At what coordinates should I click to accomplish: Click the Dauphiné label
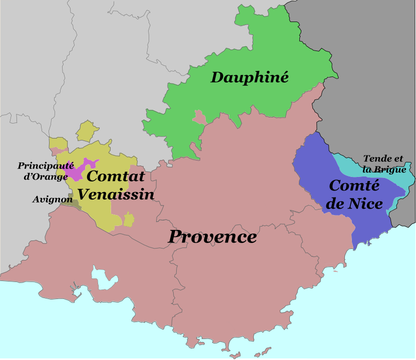point(249,77)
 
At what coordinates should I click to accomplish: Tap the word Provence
point(212,236)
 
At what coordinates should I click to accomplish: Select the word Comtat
point(115,176)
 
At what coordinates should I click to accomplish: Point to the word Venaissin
point(116,193)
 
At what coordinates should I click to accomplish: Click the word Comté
point(354,186)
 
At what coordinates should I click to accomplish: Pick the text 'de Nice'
point(357,203)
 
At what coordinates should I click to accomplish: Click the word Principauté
point(46,165)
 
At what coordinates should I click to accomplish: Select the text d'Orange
point(46,176)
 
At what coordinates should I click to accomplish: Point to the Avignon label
point(53,199)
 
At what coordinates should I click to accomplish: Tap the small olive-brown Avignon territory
point(72,202)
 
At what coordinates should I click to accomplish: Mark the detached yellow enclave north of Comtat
point(86,131)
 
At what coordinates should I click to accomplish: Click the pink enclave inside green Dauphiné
point(200,118)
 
